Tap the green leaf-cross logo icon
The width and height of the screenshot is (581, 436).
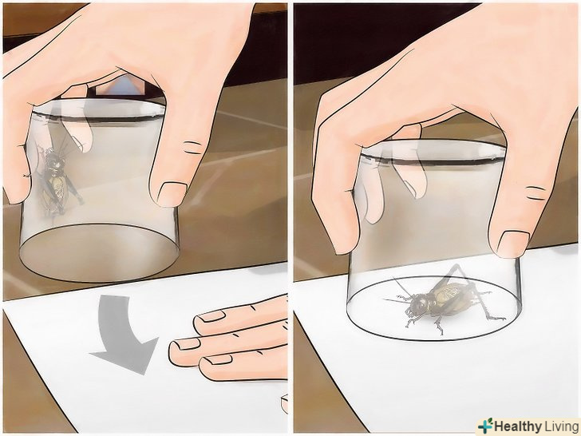tap(486, 426)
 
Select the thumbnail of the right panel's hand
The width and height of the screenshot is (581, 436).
tap(513, 244)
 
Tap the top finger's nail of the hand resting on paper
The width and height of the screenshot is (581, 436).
tap(211, 316)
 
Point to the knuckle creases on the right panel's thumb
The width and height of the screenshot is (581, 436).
tap(536, 193)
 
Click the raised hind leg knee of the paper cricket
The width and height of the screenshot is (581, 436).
tap(458, 266)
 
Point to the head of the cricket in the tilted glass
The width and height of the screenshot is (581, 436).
tap(53, 161)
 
